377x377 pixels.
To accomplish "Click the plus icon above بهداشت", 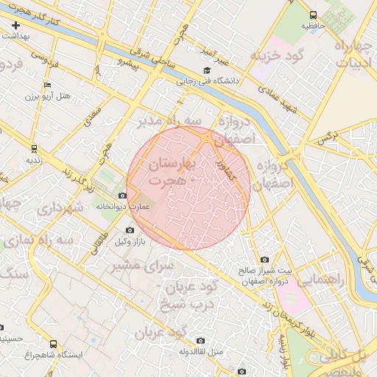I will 17,26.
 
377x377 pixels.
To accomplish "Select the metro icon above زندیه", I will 33,149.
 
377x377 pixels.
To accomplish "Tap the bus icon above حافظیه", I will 314,15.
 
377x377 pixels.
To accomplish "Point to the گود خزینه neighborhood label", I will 277,57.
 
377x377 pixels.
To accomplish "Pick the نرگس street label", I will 326,137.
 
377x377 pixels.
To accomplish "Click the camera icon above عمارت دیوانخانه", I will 122,196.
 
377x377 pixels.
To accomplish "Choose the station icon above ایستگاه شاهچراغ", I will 52,344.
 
